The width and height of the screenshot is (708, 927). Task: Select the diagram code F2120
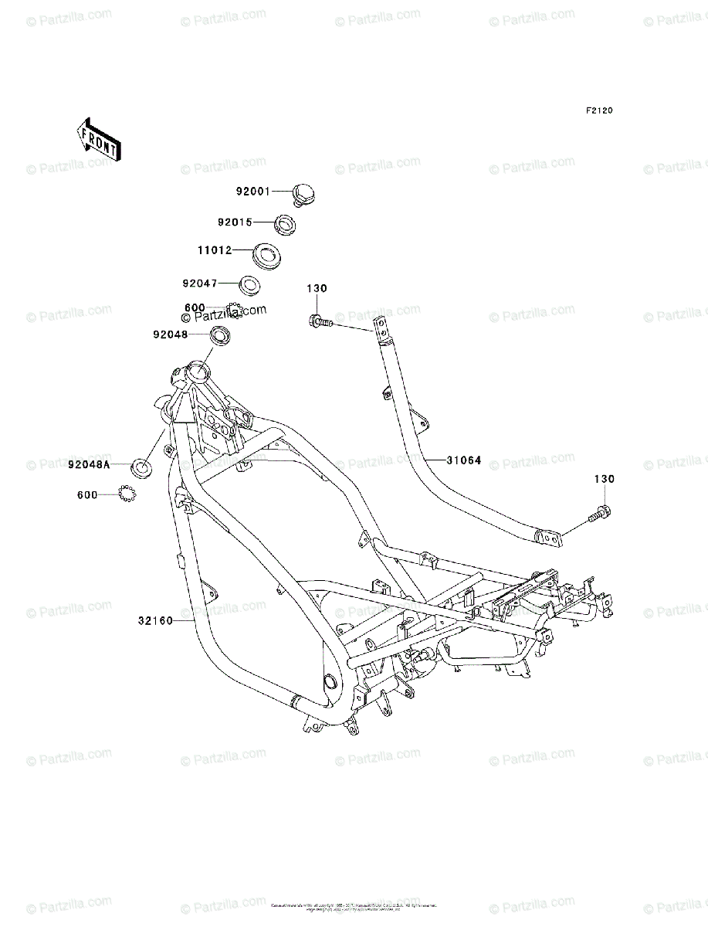click(598, 111)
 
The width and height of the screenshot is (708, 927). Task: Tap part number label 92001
click(252, 192)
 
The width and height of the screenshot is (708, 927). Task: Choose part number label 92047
click(200, 284)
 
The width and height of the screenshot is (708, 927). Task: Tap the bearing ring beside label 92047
click(249, 284)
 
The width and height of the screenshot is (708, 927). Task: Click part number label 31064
click(464, 460)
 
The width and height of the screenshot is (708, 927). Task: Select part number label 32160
click(155, 620)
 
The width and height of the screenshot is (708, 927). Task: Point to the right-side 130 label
click(604, 480)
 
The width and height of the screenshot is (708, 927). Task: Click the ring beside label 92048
click(222, 335)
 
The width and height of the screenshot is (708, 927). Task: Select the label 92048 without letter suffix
click(170, 334)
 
